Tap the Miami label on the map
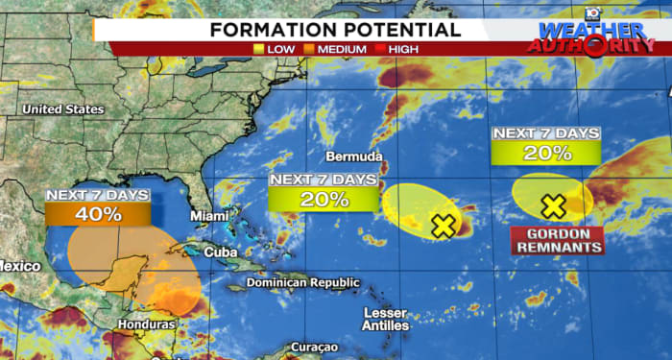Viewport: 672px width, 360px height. click(x=209, y=216)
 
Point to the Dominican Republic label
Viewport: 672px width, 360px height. click(x=303, y=283)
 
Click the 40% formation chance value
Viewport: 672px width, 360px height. click(x=98, y=214)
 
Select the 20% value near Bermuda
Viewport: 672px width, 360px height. click(x=324, y=200)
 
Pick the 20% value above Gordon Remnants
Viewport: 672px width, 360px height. click(x=546, y=152)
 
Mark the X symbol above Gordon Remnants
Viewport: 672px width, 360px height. click(x=553, y=204)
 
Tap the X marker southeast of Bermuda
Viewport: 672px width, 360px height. click(x=443, y=226)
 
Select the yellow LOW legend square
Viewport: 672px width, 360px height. click(x=260, y=47)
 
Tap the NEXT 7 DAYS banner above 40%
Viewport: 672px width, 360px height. click(x=98, y=195)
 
